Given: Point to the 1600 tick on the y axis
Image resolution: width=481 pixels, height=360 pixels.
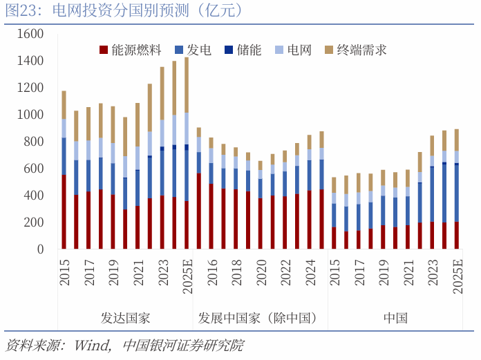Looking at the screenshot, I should [x=30, y=34].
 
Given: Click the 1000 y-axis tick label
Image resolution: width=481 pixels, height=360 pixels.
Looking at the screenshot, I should [x=30, y=115].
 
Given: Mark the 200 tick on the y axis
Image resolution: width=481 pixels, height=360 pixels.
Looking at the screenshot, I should [x=33, y=222].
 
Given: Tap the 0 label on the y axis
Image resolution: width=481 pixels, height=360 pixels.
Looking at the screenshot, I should [x=40, y=249].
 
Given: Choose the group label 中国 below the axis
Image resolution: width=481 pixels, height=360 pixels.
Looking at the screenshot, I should [x=395, y=319].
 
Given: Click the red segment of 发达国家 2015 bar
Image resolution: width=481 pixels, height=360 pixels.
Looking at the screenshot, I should [x=64, y=211].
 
